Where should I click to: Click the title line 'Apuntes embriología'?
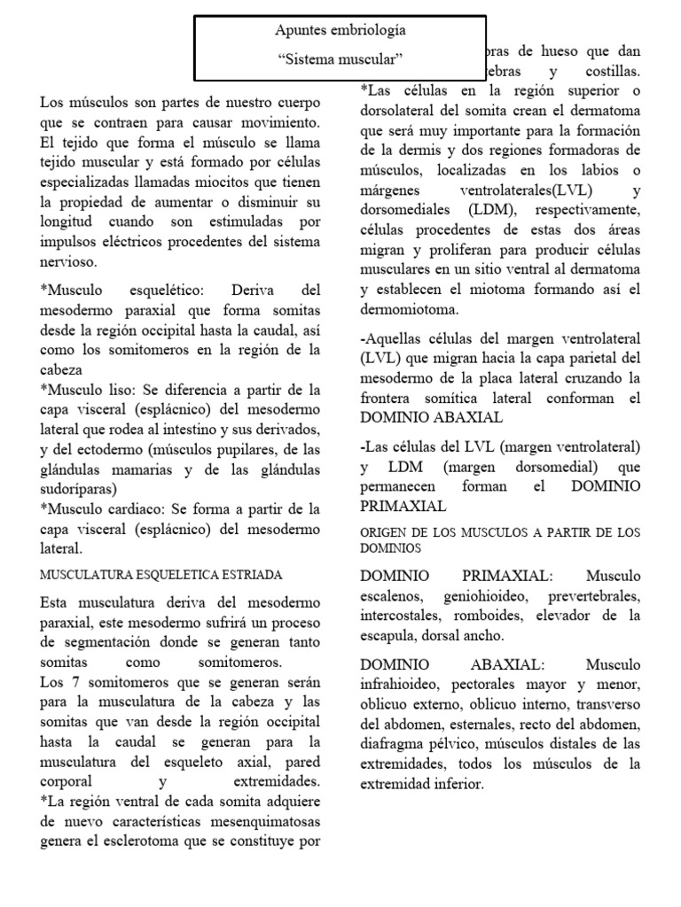341,30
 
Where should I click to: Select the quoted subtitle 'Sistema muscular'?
340,59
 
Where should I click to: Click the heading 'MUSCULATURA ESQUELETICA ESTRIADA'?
161,575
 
